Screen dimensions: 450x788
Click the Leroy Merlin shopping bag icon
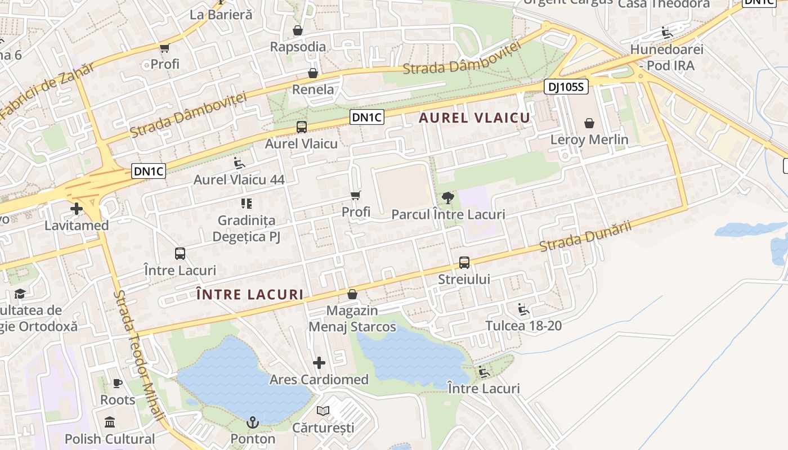(x=589, y=123)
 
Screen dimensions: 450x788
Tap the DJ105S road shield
(x=566, y=87)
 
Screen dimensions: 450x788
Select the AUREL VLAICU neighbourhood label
(x=474, y=118)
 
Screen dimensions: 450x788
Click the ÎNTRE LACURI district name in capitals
(x=249, y=294)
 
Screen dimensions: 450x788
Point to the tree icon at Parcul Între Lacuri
(x=448, y=197)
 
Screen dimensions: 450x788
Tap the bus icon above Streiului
(x=464, y=263)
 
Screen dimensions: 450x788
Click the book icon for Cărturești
(x=323, y=411)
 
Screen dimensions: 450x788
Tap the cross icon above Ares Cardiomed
(x=319, y=363)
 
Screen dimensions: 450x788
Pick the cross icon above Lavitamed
(x=77, y=209)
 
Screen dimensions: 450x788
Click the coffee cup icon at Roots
(x=117, y=384)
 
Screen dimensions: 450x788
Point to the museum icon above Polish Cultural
(x=110, y=422)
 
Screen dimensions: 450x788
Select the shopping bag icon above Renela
(x=313, y=73)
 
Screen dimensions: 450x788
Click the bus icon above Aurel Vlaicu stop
(x=301, y=127)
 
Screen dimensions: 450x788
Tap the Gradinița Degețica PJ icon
(x=246, y=203)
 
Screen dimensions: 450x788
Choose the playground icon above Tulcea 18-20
(x=523, y=309)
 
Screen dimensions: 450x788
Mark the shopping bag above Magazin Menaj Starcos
(x=352, y=294)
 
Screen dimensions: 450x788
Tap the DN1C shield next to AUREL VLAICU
(x=367, y=117)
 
